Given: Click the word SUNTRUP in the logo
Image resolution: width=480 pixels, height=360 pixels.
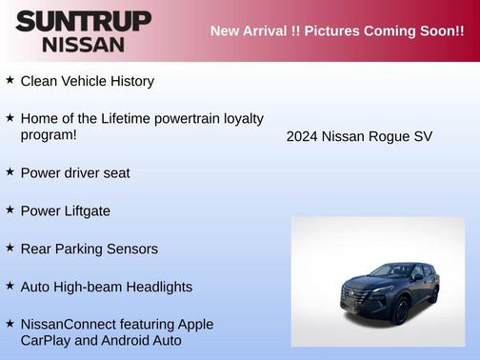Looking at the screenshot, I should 83,21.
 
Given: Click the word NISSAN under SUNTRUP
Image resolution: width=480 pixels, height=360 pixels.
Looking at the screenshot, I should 84,44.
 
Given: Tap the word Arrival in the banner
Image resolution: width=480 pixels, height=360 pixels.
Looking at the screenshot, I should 271,30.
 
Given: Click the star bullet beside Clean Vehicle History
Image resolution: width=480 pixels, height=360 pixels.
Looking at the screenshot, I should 10,80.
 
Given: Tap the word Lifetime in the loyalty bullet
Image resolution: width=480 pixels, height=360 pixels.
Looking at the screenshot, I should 124,118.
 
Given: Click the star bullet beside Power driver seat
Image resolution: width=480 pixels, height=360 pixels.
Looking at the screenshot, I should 10,171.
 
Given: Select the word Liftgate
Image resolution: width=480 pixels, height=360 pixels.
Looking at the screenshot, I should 85,210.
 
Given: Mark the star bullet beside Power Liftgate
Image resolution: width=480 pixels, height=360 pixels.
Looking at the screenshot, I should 10,210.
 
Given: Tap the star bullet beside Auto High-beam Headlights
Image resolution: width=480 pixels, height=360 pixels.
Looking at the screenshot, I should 10,286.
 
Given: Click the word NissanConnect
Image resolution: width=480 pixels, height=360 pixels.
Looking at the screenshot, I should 70,324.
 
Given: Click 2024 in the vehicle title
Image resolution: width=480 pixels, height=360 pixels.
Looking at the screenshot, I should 302,137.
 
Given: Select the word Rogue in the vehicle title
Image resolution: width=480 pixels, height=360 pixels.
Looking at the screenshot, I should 390,137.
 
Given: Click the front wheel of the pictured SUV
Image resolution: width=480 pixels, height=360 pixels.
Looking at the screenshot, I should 402,310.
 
